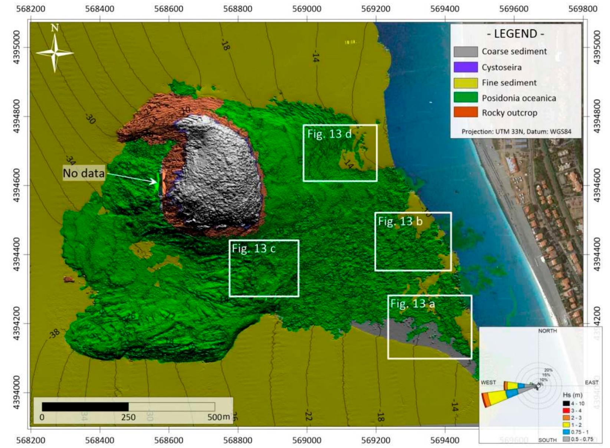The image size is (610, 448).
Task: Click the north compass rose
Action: pyautogui.click(x=55, y=52)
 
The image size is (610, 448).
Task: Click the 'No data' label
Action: pyautogui.click(x=83, y=173)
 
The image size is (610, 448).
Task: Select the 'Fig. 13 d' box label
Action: pyautogui.click(x=329, y=134)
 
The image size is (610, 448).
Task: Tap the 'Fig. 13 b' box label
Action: pyautogui.click(x=400, y=221)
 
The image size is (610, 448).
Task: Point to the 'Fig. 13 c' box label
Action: pyautogui.click(x=254, y=248)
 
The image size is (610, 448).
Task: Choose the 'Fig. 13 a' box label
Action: pyautogui.click(x=412, y=304)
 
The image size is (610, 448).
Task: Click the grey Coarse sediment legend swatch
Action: pyautogui.click(x=465, y=52)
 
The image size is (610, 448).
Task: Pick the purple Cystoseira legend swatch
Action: pyautogui.click(x=465, y=67)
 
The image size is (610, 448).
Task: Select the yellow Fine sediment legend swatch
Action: pyautogui.click(x=465, y=83)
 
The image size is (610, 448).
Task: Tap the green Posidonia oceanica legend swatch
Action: pyautogui.click(x=465, y=98)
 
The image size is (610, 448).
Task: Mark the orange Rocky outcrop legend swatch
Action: pyautogui.click(x=465, y=112)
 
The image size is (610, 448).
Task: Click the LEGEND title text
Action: pyautogui.click(x=515, y=34)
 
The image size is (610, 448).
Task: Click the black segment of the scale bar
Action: pyautogui.click(x=85, y=406)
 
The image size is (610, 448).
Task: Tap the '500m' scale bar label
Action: pyautogui.click(x=218, y=417)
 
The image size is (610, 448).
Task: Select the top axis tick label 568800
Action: pyautogui.click(x=237, y=9)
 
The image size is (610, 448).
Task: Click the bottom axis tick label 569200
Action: pyautogui.click(x=375, y=440)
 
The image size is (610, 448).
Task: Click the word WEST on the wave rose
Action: pyautogui.click(x=488, y=382)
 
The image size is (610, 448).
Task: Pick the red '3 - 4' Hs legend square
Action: pyautogui.click(x=566, y=411)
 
